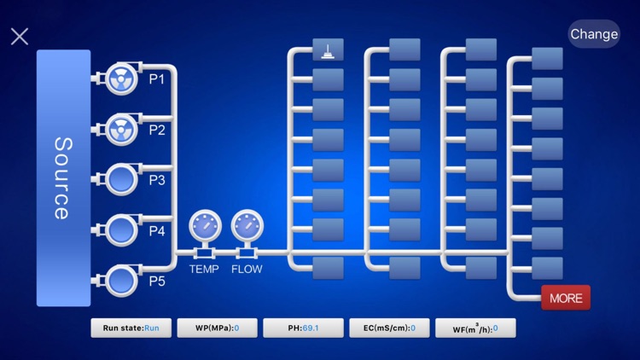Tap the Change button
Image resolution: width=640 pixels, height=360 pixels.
coord(594,34)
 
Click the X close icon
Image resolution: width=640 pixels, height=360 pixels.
coord(20,37)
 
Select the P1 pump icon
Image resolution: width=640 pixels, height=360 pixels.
coord(121,78)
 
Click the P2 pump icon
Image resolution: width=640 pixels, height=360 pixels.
coord(121,130)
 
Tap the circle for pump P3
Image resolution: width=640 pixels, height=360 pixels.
coord(121,180)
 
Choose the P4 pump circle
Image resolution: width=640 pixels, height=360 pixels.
coord(121,230)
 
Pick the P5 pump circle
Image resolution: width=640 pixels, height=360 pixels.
coord(121,281)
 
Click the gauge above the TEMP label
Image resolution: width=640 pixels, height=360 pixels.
coord(205,226)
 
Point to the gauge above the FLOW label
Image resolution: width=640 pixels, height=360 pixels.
coord(247,226)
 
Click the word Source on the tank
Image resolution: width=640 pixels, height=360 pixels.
coord(63,178)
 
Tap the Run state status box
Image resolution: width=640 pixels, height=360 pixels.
coord(131,328)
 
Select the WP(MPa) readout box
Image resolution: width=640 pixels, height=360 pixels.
coord(217,328)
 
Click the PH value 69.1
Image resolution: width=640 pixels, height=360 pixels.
coord(311,328)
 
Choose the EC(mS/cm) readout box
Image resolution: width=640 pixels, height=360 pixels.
coord(389,328)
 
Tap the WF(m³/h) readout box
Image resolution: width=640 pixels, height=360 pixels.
coord(475,328)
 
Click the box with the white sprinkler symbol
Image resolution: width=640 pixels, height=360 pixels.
coord(329,49)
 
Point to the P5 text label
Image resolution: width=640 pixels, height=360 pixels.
coord(157,282)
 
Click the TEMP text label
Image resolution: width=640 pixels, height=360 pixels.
coord(204,269)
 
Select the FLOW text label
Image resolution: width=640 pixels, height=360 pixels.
coord(247,269)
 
